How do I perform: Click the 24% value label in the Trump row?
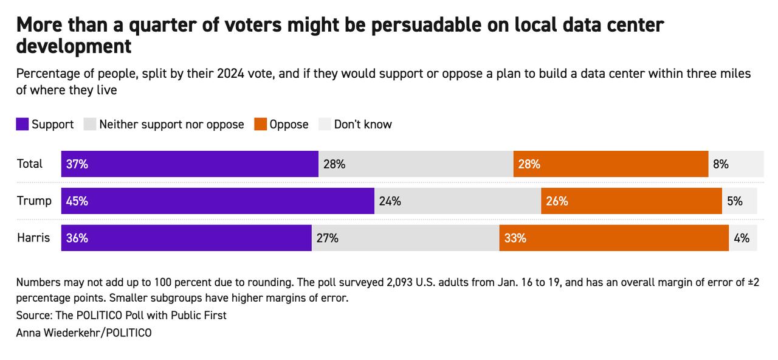click(390, 201)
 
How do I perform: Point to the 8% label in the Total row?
click(721, 164)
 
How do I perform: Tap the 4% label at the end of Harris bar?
click(742, 238)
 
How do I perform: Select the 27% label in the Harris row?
click(327, 238)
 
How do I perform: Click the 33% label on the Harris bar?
click(515, 238)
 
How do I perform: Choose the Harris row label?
click(33, 238)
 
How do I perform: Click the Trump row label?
click(34, 201)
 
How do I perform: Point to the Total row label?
click(30, 164)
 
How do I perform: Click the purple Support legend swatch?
click(22, 125)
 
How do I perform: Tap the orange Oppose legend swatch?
click(261, 125)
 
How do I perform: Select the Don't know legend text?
click(363, 125)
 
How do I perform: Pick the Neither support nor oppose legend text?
click(171, 125)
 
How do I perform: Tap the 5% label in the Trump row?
click(735, 201)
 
